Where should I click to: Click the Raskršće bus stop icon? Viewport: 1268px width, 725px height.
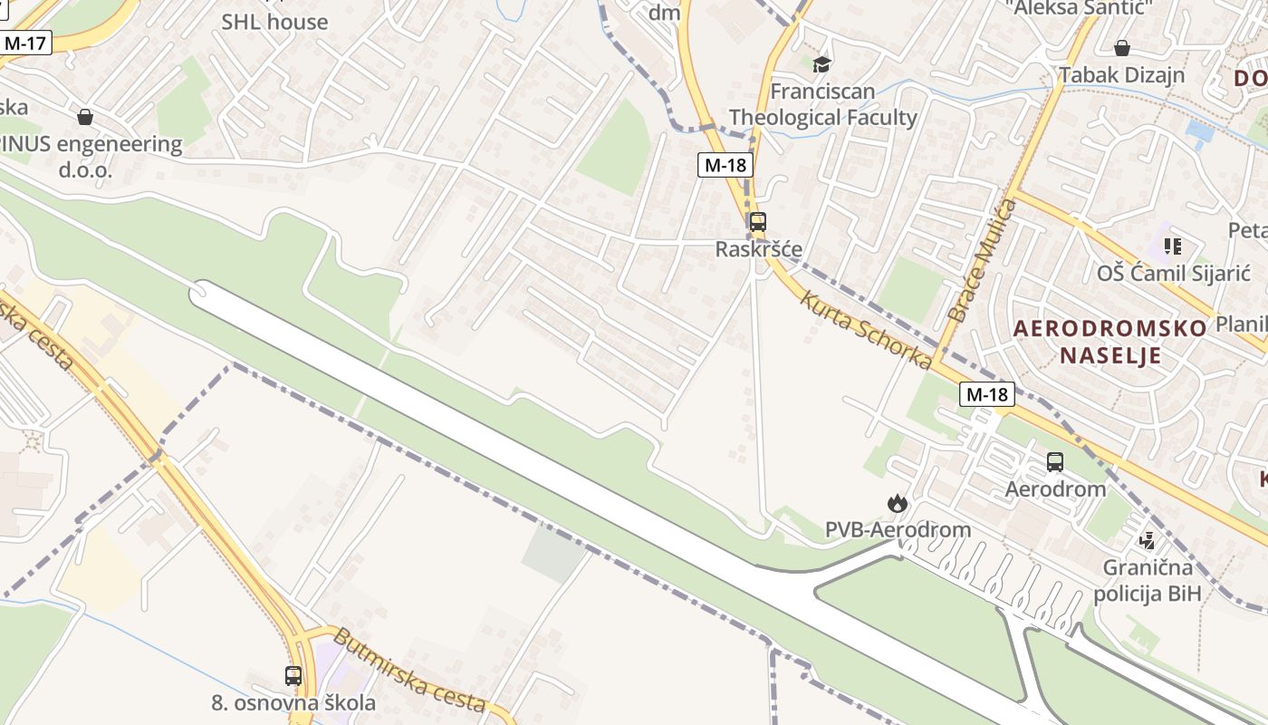757,222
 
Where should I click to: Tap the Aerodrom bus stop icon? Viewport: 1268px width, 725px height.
1055,462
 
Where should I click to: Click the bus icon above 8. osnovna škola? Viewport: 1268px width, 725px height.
293,675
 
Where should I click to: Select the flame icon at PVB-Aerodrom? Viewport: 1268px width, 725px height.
897,503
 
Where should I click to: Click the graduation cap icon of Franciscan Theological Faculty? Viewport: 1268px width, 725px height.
821,64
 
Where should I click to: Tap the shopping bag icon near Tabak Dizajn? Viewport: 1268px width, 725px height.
1121,48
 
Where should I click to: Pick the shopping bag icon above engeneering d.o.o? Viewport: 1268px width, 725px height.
85,117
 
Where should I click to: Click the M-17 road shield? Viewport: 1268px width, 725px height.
25,43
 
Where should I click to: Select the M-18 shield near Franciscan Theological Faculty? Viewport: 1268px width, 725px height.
726,165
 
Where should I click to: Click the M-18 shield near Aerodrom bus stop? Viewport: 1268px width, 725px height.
987,394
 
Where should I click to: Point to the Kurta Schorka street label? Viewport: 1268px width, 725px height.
865,329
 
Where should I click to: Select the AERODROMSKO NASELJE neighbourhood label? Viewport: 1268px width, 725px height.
1109,341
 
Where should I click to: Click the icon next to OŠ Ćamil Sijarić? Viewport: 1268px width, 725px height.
1173,246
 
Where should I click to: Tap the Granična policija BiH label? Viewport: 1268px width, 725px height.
1147,581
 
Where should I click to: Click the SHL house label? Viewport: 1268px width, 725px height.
274,22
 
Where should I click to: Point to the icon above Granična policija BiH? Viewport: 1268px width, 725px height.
1147,541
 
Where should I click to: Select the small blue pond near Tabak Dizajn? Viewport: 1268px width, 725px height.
1200,134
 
